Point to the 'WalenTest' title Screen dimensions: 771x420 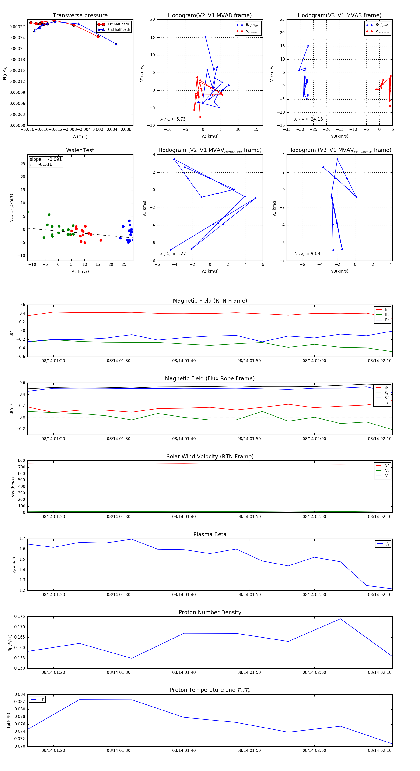[x=80, y=150]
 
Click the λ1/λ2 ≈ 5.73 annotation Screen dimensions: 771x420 [x=173, y=119]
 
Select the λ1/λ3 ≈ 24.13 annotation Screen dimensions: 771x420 [x=308, y=119]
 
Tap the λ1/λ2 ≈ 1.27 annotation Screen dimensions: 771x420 [x=173, y=254]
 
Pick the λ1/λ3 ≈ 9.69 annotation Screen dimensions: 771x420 [x=307, y=254]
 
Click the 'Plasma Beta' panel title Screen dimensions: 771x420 [x=210, y=535]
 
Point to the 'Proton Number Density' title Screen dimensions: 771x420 [x=210, y=612]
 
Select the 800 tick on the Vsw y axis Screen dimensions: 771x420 [x=21, y=461]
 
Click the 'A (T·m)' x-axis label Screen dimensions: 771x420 [x=80, y=137]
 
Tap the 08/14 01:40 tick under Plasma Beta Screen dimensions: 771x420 [x=184, y=595]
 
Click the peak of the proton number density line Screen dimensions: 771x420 [x=340, y=619]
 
